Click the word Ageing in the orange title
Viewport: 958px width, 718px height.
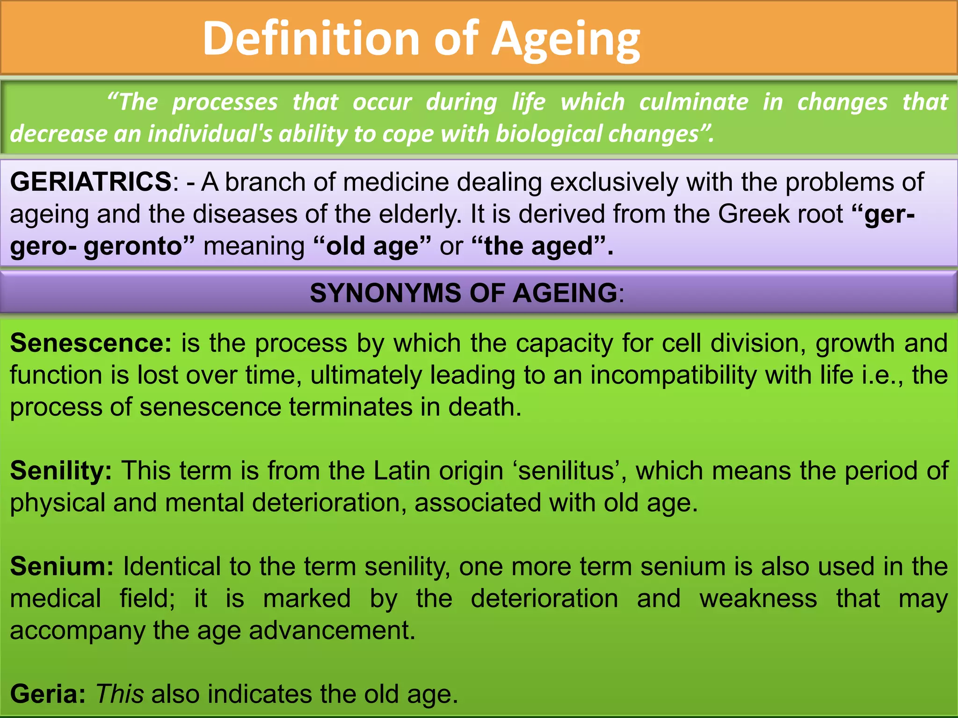566,40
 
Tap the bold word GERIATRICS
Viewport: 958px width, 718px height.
91,182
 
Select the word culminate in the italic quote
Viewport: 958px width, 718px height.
694,102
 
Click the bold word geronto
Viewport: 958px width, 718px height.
133,246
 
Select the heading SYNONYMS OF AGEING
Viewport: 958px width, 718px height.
463,293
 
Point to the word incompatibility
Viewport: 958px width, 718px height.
674,375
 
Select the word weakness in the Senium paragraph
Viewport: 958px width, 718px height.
758,599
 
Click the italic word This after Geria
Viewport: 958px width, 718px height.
120,694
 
